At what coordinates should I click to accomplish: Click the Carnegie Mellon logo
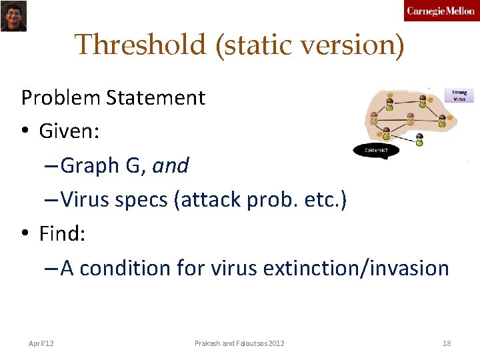coord(440,11)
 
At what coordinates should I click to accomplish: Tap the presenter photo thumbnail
coord(13,16)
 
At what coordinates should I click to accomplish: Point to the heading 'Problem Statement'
coord(113,98)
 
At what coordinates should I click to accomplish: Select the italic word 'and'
coord(171,165)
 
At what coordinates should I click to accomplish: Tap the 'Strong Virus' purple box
coord(459,95)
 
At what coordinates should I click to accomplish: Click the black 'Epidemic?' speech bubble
coord(376,150)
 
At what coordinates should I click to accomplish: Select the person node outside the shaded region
coord(419,139)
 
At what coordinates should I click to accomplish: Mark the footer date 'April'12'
coord(41,343)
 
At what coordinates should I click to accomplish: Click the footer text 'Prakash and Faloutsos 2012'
coord(239,343)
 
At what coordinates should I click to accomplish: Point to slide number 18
coord(447,343)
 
